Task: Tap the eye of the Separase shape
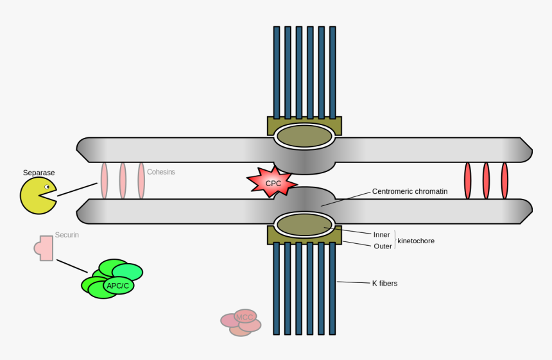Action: (x=47, y=187)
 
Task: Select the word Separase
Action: (x=39, y=173)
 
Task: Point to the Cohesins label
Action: (x=161, y=172)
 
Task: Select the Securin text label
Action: (x=67, y=236)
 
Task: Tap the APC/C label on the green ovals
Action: (x=119, y=285)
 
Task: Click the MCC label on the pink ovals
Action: (x=245, y=317)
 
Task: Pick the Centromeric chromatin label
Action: (x=410, y=191)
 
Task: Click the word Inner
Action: (x=382, y=234)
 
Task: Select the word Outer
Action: (x=383, y=246)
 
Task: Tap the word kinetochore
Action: (x=416, y=241)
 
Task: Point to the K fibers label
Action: (x=384, y=283)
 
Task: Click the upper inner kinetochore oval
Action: (x=304, y=136)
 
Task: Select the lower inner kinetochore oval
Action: (x=304, y=224)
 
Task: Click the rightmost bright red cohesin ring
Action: (x=505, y=180)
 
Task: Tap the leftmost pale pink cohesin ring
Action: (x=104, y=180)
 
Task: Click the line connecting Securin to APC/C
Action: (x=72, y=266)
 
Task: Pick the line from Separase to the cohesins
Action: (x=77, y=189)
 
